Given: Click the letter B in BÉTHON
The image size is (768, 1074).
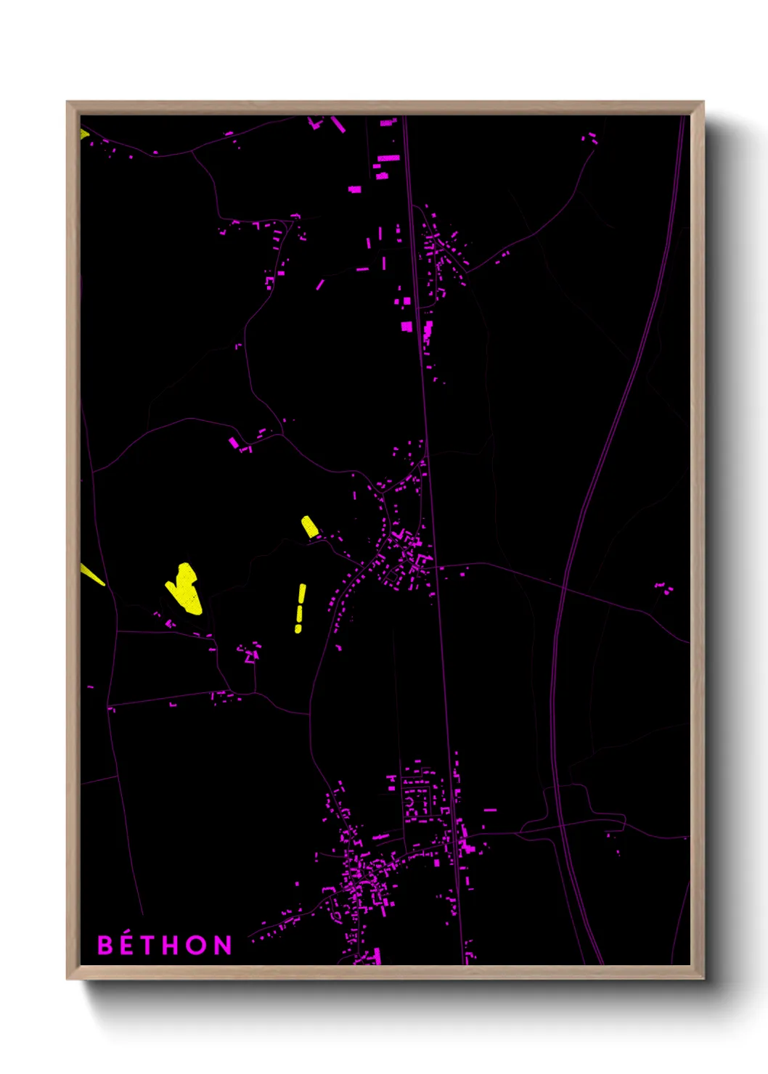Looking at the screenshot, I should pyautogui.click(x=106, y=945).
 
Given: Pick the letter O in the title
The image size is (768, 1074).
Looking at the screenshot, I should pyautogui.click(x=197, y=945).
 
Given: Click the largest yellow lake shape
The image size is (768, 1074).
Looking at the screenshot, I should pyautogui.click(x=185, y=589).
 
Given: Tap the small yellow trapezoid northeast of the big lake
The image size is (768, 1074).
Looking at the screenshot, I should pyautogui.click(x=310, y=526).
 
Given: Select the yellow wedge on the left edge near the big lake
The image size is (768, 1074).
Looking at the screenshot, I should pyautogui.click(x=91, y=575).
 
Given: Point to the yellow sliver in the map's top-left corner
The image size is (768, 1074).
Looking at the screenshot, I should pyautogui.click(x=83, y=134).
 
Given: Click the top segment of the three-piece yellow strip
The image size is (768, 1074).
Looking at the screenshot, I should pyautogui.click(x=302, y=595).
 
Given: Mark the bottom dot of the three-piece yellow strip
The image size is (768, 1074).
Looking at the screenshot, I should pyautogui.click(x=298, y=629).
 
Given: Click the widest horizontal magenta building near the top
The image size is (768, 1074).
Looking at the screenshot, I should pyautogui.click(x=388, y=157).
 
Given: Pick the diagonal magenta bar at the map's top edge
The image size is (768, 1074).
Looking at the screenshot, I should pyautogui.click(x=338, y=124).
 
